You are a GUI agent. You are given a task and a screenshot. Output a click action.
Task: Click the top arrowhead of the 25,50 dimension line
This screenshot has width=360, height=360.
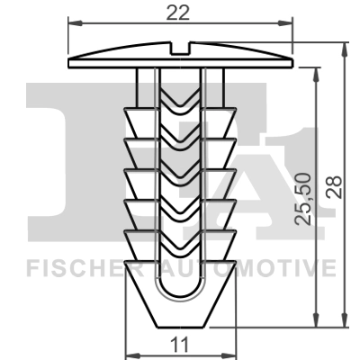click(x=316, y=73)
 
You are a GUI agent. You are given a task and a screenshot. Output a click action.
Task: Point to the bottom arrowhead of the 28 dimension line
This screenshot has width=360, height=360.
click(x=346, y=325)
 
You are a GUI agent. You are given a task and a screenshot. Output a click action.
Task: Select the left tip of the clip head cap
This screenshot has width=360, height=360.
click(x=69, y=62)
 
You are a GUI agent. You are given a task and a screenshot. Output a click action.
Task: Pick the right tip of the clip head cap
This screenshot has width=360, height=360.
click(x=293, y=62)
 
